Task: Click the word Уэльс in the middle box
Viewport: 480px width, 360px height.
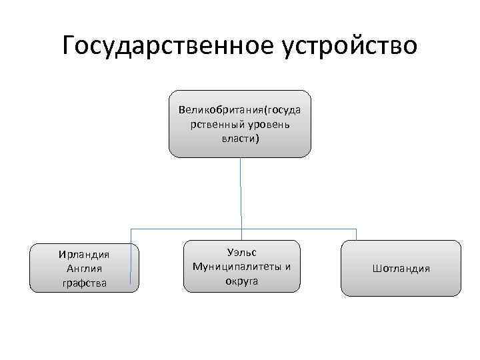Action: [x=241, y=253]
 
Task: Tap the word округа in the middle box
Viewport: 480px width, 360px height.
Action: [x=241, y=281]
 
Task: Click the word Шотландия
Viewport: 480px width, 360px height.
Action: [x=401, y=268]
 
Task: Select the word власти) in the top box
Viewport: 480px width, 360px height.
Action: [x=240, y=138]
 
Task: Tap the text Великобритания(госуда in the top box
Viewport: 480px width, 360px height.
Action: [x=240, y=109]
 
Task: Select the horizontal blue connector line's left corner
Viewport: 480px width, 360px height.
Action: [x=131, y=230]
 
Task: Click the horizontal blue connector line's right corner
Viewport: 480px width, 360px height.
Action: [x=356, y=230]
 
